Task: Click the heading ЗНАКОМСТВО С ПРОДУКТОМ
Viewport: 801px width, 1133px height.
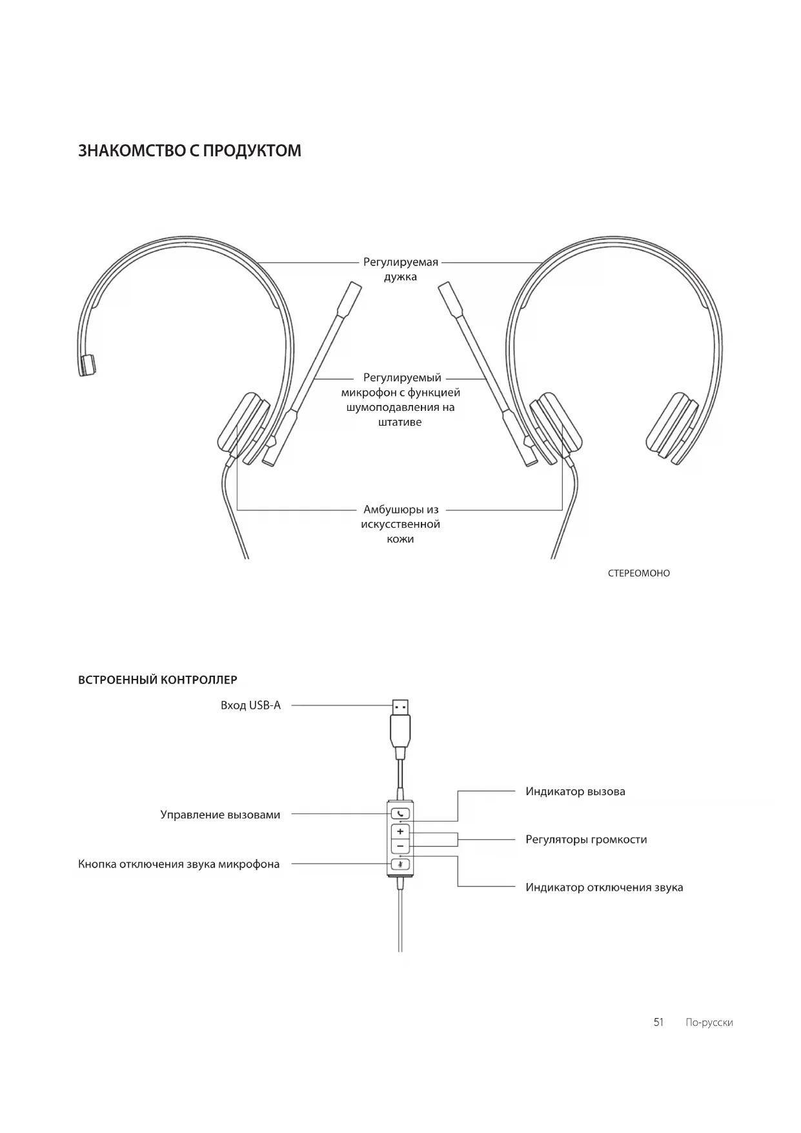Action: [189, 151]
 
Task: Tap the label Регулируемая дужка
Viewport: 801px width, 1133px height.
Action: [400, 269]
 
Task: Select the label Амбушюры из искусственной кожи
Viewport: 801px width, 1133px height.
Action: [400, 524]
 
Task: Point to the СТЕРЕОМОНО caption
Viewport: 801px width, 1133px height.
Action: [638, 573]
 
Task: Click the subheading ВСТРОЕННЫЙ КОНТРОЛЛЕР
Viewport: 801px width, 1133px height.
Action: [157, 680]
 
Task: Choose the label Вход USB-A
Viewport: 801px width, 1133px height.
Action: [250, 705]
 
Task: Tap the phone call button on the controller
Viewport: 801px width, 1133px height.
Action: [400, 814]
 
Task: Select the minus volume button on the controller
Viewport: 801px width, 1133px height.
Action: [400, 846]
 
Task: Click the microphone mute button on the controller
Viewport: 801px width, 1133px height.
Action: [400, 864]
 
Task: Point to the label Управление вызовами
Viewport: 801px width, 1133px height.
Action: [220, 815]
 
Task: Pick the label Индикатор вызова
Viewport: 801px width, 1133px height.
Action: [575, 791]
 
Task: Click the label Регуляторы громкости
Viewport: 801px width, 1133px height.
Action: [586, 840]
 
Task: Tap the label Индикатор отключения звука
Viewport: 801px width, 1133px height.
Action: [604, 888]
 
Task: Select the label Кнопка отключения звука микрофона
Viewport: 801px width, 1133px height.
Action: [179, 864]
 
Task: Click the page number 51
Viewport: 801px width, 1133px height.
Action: [658, 1022]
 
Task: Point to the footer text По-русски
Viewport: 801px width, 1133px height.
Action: [709, 1023]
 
